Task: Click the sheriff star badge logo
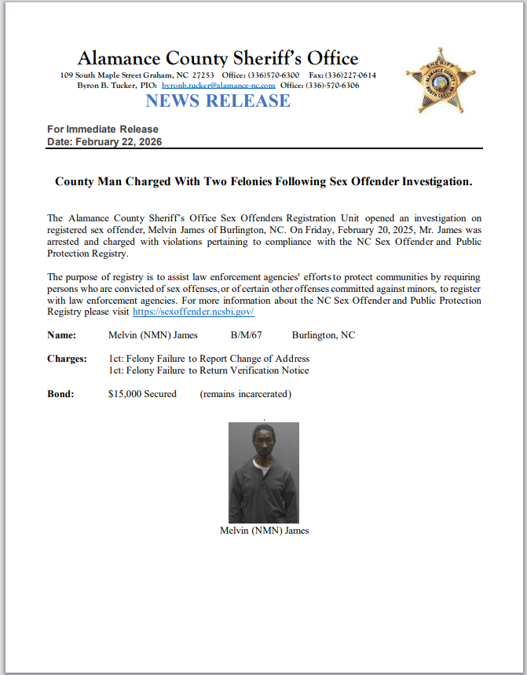coord(441,80)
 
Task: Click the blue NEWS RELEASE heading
coord(218,100)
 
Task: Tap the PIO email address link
coord(218,85)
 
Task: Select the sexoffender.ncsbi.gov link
coord(193,312)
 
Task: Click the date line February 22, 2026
coord(104,142)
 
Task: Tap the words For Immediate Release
coord(103,130)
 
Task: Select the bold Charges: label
coord(67,359)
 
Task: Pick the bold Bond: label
coord(60,394)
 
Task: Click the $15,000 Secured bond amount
coord(142,394)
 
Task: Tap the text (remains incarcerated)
coord(245,394)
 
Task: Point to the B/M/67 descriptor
coord(246,335)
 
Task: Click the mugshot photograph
coord(264,472)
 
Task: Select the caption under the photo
coord(264,531)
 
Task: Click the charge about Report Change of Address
coord(209,359)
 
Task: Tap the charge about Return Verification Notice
coord(208,370)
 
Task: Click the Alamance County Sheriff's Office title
coord(218,58)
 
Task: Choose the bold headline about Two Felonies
coord(263,181)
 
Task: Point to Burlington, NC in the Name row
coord(323,335)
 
